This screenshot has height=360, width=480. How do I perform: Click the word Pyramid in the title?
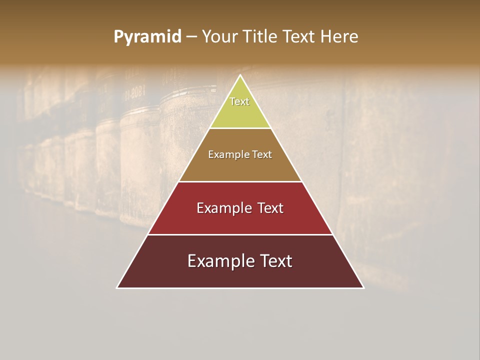pyautogui.click(x=147, y=36)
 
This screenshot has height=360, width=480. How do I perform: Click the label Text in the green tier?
pyautogui.click(x=239, y=101)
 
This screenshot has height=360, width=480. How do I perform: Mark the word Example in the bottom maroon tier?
pyautogui.click(x=218, y=261)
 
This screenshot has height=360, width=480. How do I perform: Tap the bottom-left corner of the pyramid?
pyautogui.click(x=117, y=287)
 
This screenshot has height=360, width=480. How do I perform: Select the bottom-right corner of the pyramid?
pyautogui.click(x=363, y=287)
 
